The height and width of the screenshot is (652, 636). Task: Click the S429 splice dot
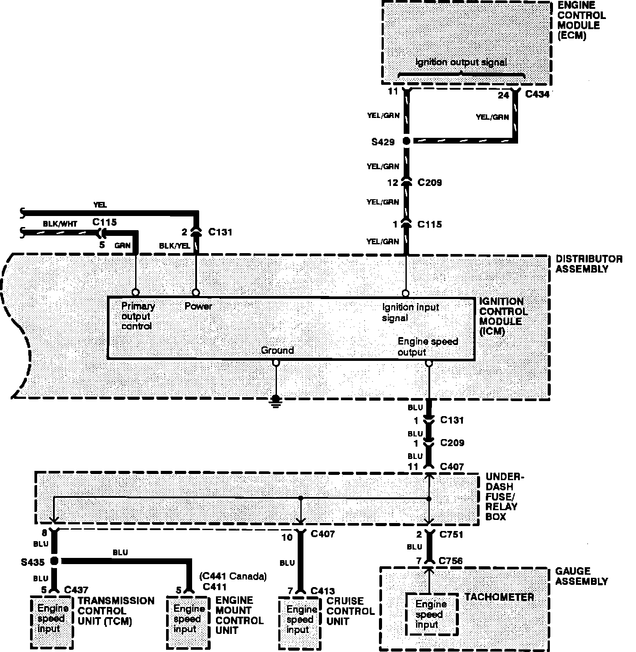click(406, 141)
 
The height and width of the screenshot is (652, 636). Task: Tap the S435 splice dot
click(55, 561)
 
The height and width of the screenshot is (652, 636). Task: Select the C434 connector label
click(538, 94)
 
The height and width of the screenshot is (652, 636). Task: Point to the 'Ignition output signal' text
click(461, 62)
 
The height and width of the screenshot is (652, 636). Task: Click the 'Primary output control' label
click(137, 316)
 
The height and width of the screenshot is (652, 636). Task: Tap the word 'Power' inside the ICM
click(198, 306)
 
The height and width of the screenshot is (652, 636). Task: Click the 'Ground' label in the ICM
click(277, 350)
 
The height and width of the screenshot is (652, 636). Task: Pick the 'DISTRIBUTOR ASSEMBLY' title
click(588, 264)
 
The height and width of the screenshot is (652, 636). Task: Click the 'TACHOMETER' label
click(499, 597)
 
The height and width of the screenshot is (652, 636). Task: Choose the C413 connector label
click(323, 591)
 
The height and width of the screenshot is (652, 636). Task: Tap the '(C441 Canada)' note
click(233, 576)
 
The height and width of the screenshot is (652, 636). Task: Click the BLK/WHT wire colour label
click(60, 224)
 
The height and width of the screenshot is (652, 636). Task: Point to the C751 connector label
click(451, 534)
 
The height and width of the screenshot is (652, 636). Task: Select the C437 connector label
click(76, 590)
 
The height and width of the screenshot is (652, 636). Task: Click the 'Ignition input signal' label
click(410, 312)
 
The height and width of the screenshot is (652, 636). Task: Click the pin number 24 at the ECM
click(503, 95)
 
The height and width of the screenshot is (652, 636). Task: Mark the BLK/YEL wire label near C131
click(174, 246)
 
